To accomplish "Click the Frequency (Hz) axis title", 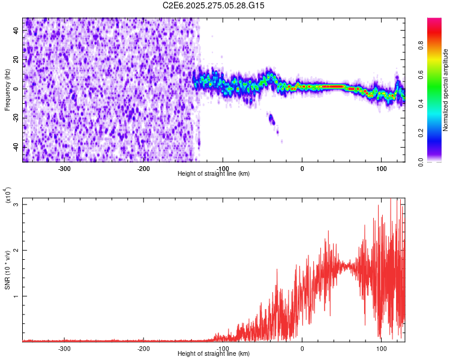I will pyautogui.click(x=7, y=89).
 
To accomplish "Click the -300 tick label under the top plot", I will pyautogui.click(x=64, y=169).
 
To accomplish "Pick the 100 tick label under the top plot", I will pyautogui.click(x=381, y=169).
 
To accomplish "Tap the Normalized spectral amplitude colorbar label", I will pyautogui.click(x=446, y=90).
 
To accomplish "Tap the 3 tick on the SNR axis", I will pyautogui.click(x=17, y=205).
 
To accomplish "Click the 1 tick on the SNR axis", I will pyautogui.click(x=17, y=296).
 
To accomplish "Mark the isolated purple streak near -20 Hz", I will pyautogui.click(x=272, y=120).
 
